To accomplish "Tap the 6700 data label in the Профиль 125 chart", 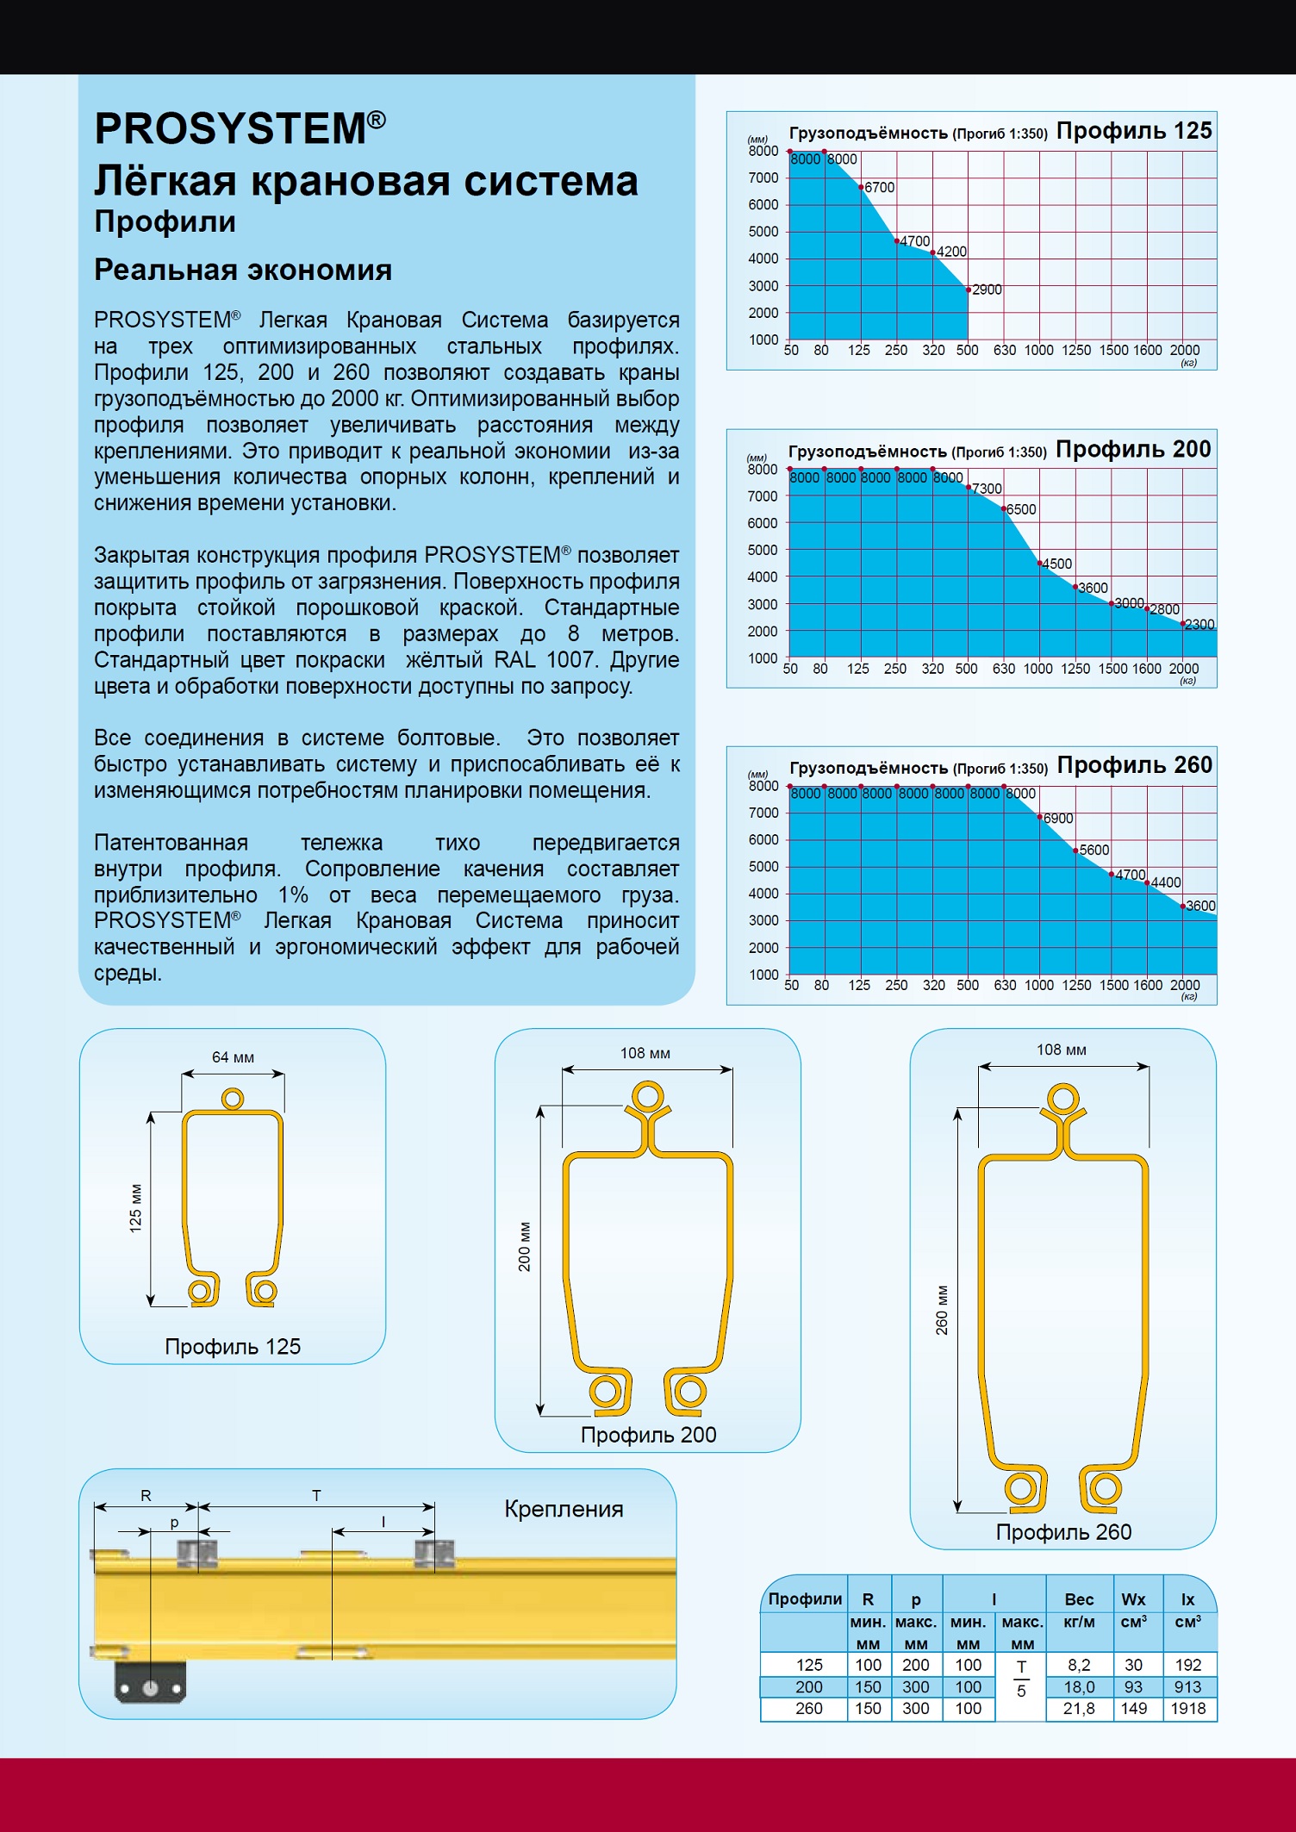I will (x=879, y=188).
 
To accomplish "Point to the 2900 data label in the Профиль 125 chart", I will (x=987, y=290).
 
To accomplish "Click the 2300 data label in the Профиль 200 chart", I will (x=1199, y=625).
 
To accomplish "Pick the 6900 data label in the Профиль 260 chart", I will (x=1058, y=819).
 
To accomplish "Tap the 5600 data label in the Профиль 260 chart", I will (x=1094, y=851).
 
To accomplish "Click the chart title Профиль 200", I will (x=1133, y=450).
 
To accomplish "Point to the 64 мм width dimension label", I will (x=233, y=1058).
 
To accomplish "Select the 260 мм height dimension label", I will (x=942, y=1311).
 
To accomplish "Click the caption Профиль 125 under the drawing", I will (x=233, y=1347).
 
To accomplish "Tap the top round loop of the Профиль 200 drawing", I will (x=647, y=1097).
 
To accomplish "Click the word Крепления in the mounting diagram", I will (x=564, y=1509).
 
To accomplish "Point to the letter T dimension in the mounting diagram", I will (x=316, y=1496).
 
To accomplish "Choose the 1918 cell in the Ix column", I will (x=1188, y=1709).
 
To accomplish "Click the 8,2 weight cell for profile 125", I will (x=1079, y=1665).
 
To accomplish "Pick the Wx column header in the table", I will (x=1133, y=1599).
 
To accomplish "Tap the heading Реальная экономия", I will (x=243, y=271).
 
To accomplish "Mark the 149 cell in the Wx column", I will (x=1133, y=1709).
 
